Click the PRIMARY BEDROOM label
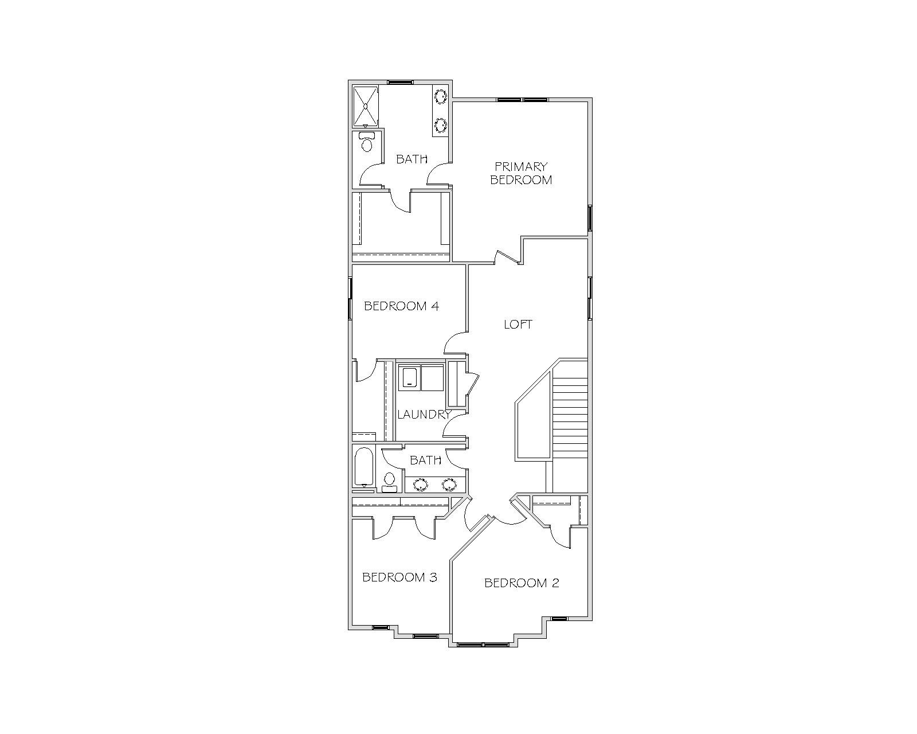pos(521,173)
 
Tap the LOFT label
pos(518,325)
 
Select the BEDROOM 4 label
pos(401,306)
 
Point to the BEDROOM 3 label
pos(399,577)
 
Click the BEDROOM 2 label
pos(522,583)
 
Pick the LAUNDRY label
pos(424,414)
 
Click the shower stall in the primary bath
pos(366,106)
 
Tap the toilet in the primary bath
pos(366,142)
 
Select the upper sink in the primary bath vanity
pos(440,96)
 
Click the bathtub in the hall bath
pos(363,467)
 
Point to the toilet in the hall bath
pos(389,482)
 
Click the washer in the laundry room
pos(409,377)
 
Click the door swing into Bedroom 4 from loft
pos(454,342)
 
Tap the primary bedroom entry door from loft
pos(508,257)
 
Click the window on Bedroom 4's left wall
pos(350,298)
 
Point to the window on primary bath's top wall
pos(400,82)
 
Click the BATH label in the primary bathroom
pos(412,159)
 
